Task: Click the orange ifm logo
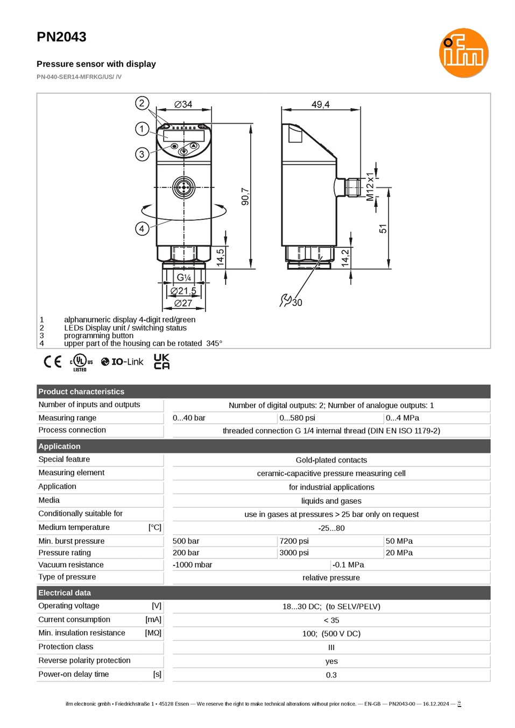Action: point(463,53)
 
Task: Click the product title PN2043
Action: point(61,37)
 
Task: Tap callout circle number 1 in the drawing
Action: point(142,129)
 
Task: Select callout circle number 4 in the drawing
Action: point(142,228)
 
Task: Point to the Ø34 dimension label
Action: point(183,104)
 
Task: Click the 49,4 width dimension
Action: point(321,104)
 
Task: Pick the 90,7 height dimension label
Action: point(245,197)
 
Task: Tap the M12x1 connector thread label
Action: point(370,187)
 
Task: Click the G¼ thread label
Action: point(184,277)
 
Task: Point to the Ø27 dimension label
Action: point(183,303)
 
